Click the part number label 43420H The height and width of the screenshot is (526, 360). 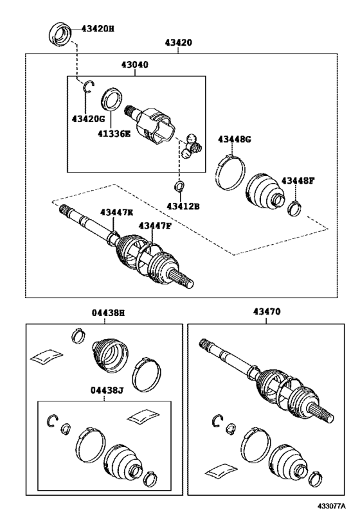(x=98, y=29)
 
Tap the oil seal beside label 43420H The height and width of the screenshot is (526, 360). (x=60, y=34)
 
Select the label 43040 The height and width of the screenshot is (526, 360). (x=134, y=64)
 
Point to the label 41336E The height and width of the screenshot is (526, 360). (x=114, y=134)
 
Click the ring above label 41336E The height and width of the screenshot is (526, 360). (x=111, y=99)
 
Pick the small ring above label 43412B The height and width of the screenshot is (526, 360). (x=179, y=186)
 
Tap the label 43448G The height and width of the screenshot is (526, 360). (x=235, y=139)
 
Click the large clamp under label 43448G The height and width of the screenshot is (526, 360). (x=230, y=172)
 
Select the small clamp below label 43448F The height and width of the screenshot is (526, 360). (x=294, y=208)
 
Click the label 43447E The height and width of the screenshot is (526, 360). (x=116, y=212)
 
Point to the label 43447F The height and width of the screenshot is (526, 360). (x=155, y=226)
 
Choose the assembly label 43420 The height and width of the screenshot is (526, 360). (x=178, y=42)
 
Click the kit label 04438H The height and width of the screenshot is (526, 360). (x=108, y=313)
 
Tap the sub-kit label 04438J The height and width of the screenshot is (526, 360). (x=107, y=390)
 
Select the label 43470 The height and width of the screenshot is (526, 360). (x=267, y=311)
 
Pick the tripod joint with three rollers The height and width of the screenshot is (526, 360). (x=192, y=146)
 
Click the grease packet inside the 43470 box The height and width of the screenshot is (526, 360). (x=222, y=470)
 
